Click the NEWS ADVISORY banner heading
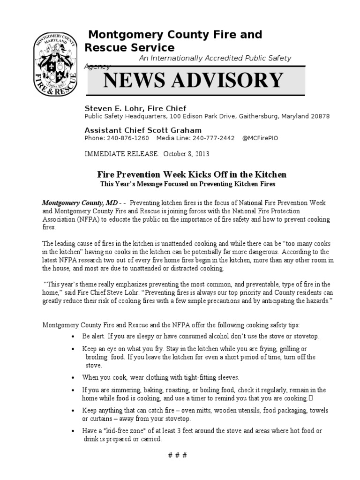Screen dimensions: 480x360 click(194, 80)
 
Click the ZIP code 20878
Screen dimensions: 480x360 click(319, 116)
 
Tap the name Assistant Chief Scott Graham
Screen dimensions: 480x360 click(143, 130)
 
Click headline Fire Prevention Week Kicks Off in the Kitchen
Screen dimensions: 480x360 click(191, 175)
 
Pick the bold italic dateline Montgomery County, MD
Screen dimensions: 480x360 click(79, 203)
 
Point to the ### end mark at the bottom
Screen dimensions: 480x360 click(177, 456)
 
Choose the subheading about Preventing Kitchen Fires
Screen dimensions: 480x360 click(187, 184)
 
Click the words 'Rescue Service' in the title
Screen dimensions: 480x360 click(129, 47)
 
